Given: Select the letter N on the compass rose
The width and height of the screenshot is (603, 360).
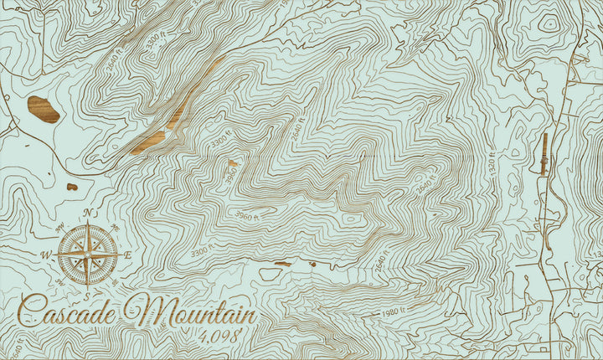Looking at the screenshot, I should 87,213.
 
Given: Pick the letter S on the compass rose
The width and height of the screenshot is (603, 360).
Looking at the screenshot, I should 87,285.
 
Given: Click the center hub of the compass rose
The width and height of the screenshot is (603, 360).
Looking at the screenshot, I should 87,250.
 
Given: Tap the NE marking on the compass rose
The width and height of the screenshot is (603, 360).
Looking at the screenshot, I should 114,226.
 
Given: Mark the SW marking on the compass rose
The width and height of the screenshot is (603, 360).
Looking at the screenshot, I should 62,278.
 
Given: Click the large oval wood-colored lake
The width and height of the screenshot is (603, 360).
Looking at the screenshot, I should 43,109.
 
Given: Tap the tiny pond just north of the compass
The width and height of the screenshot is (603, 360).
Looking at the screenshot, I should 72,186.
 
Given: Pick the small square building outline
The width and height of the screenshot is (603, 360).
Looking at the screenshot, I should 542,347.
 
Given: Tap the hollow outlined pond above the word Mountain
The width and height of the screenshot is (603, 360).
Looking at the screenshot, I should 271,273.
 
